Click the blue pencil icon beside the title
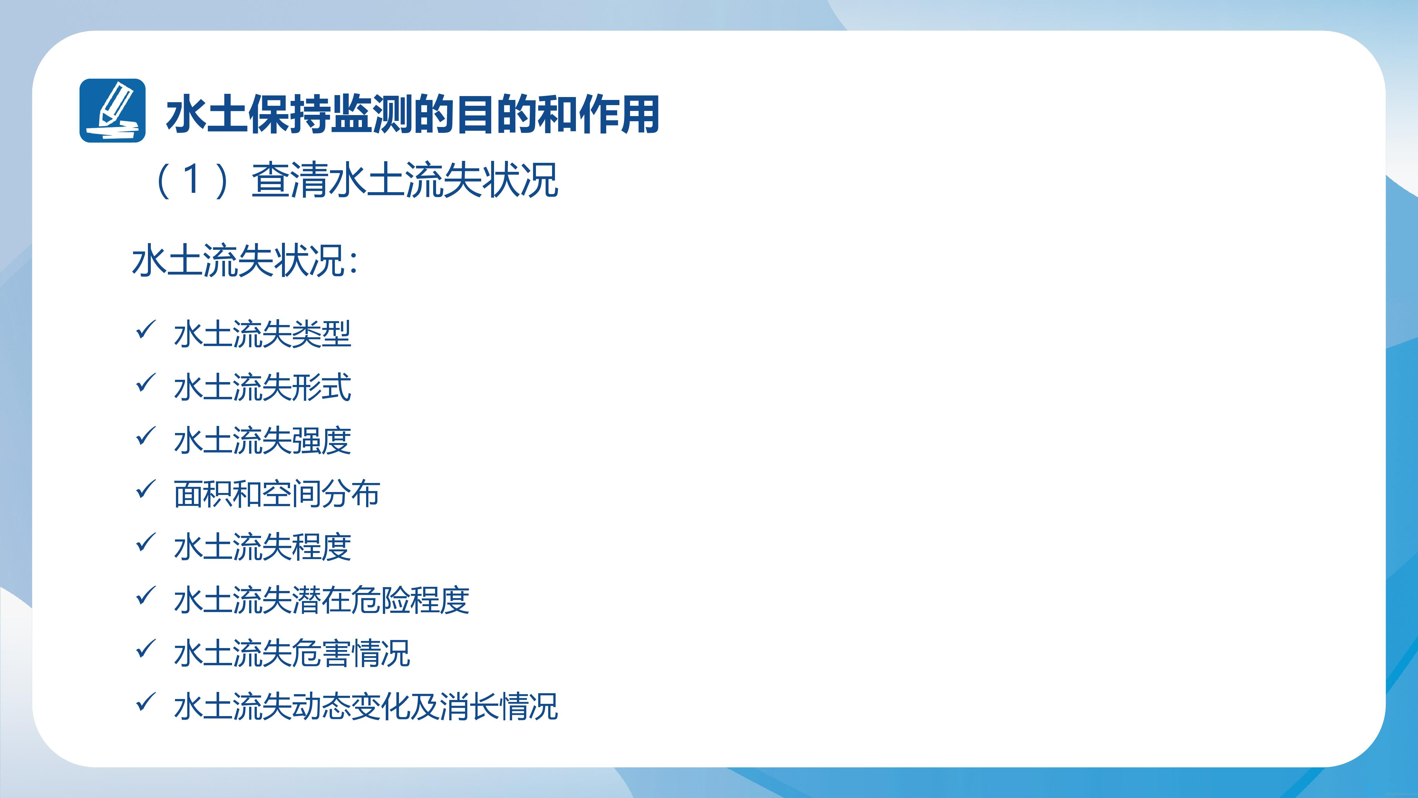tap(112, 111)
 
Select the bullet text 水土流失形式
tap(262, 387)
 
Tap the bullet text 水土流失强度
tap(262, 440)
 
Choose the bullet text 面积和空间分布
tap(277, 493)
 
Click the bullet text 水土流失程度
tap(262, 547)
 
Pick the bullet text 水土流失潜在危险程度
tap(322, 600)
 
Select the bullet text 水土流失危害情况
tap(292, 653)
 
